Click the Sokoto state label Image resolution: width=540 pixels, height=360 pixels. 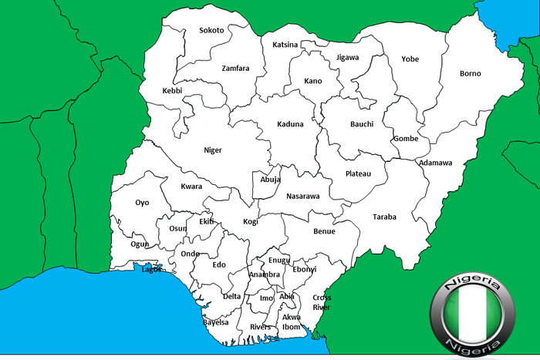point(211,31)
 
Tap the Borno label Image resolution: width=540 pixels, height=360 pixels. point(470,74)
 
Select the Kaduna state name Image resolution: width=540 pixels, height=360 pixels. point(290,124)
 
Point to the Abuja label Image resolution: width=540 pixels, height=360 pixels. point(270,180)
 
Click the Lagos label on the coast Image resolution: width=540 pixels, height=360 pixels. point(151,270)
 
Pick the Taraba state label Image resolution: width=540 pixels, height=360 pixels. point(384,217)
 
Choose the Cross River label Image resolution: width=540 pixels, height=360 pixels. point(322,302)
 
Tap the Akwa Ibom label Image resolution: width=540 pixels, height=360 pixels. point(291,322)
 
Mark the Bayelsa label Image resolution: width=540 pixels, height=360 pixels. point(216,322)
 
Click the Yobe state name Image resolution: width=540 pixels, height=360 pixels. point(410,59)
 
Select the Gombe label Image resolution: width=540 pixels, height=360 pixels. point(406,139)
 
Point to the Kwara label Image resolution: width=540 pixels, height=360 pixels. point(191,187)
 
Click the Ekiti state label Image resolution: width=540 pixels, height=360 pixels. point(206,221)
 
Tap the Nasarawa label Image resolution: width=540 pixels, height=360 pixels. point(302,197)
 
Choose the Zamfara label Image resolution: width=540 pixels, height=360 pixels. point(235,68)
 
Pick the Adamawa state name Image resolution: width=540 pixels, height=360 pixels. point(435,163)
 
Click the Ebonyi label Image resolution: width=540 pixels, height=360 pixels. point(305,270)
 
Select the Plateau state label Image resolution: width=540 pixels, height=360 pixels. point(358,174)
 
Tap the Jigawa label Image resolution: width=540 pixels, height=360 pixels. point(348,58)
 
